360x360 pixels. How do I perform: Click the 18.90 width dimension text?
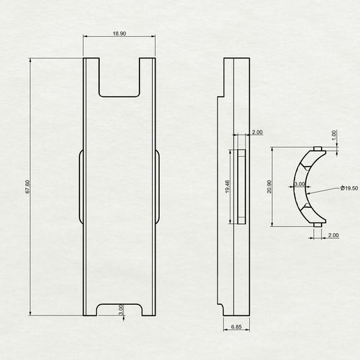pyautogui.click(x=119, y=33)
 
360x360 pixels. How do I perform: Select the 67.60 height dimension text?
pyautogui.click(x=27, y=187)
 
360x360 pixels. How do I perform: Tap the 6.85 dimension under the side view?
pyautogui.click(x=237, y=327)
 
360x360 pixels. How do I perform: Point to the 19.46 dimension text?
pyautogui.click(x=227, y=186)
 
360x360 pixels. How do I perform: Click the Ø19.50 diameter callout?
pyautogui.click(x=349, y=188)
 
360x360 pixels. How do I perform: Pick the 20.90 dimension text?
pyautogui.click(x=269, y=186)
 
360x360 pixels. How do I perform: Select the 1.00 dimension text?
pyautogui.click(x=334, y=135)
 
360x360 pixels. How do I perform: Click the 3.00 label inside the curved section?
pyautogui.click(x=299, y=184)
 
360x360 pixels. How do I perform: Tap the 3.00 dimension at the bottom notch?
pyautogui.click(x=121, y=310)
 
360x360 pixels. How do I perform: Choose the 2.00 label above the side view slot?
pyautogui.click(x=257, y=132)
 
